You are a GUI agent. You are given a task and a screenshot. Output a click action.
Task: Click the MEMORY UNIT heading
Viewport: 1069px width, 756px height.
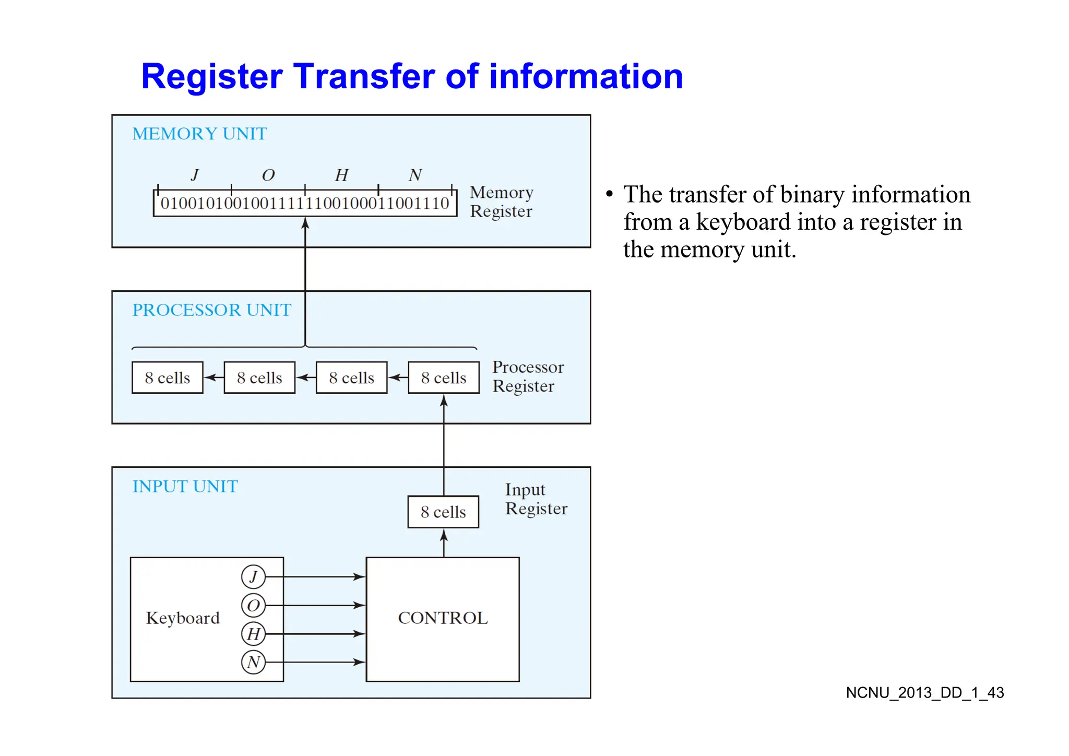pyautogui.click(x=199, y=134)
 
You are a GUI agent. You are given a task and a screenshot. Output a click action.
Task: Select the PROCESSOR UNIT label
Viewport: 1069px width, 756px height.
pyautogui.click(x=211, y=310)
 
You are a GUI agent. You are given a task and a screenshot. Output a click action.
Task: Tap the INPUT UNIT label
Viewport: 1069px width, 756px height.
pyautogui.click(x=185, y=487)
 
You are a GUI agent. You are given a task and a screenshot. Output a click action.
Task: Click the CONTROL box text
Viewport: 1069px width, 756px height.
pyautogui.click(x=443, y=618)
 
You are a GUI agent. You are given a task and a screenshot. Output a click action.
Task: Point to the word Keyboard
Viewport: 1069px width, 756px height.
pyautogui.click(x=183, y=618)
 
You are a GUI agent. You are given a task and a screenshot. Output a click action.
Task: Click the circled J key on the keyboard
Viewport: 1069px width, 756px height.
pyautogui.click(x=254, y=577)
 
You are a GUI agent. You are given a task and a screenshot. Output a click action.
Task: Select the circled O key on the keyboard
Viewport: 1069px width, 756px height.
pyautogui.click(x=254, y=606)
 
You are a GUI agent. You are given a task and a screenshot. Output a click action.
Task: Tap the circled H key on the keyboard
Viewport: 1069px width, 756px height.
pyautogui.click(x=254, y=634)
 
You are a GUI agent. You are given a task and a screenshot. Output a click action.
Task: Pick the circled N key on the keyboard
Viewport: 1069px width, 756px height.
pyautogui.click(x=254, y=663)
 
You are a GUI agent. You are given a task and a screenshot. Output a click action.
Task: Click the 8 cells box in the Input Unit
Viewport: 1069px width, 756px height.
pyautogui.click(x=443, y=512)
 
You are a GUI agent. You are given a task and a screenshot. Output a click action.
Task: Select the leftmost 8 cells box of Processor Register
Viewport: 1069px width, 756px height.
pyautogui.click(x=168, y=377)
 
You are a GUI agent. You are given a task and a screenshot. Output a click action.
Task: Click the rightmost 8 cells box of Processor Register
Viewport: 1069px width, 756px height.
pyautogui.click(x=444, y=377)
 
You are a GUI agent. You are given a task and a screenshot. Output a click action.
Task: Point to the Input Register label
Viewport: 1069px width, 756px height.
pyautogui.click(x=536, y=499)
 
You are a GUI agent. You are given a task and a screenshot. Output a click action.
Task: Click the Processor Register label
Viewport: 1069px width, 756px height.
pyautogui.click(x=528, y=376)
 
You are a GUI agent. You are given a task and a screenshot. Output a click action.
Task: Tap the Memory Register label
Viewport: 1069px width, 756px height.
pyautogui.click(x=501, y=202)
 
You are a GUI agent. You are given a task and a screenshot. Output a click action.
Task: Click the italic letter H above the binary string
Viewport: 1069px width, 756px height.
pyautogui.click(x=341, y=175)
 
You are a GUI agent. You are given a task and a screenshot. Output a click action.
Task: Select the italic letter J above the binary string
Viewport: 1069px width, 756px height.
pyautogui.click(x=195, y=175)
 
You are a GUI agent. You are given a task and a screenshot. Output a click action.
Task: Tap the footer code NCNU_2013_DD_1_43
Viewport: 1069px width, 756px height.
pyautogui.click(x=924, y=693)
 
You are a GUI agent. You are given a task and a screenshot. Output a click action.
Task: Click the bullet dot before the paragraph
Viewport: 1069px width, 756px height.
pyautogui.click(x=609, y=195)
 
